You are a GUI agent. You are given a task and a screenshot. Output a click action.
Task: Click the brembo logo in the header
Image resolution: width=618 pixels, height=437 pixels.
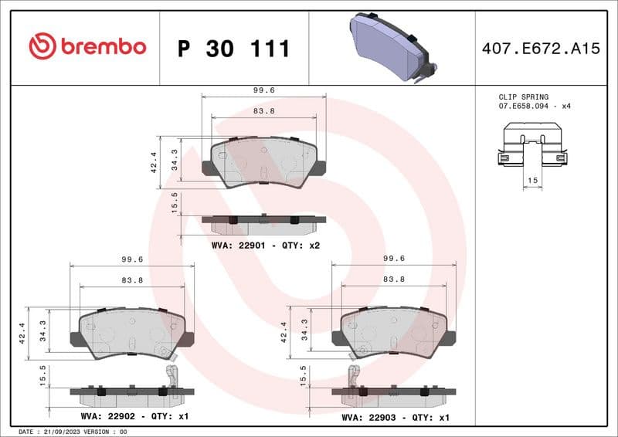click(87, 47)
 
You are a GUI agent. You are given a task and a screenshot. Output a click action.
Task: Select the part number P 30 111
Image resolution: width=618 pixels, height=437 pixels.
click(233, 49)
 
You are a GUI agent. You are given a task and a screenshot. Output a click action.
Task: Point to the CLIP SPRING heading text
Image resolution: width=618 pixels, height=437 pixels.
click(523, 97)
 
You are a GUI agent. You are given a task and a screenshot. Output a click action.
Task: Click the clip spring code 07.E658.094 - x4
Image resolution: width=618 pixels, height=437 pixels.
click(534, 106)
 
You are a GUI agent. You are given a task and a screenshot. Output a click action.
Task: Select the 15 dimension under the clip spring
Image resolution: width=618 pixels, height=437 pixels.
click(531, 180)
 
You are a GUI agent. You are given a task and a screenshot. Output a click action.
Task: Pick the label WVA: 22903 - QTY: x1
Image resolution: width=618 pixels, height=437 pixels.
click(396, 416)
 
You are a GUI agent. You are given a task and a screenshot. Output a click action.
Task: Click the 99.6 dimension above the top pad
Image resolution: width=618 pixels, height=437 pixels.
click(263, 90)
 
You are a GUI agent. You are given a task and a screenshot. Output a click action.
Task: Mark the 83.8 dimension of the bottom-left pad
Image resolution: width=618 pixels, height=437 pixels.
click(131, 279)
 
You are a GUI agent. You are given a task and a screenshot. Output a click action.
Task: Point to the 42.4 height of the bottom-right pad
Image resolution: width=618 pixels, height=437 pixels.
click(284, 332)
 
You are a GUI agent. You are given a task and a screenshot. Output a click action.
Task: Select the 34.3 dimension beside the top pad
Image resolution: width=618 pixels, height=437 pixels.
click(175, 160)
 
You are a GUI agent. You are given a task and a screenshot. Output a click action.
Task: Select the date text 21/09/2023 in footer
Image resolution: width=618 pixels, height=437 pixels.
click(60, 432)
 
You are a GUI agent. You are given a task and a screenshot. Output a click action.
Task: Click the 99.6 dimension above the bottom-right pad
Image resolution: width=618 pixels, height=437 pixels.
click(393, 260)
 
